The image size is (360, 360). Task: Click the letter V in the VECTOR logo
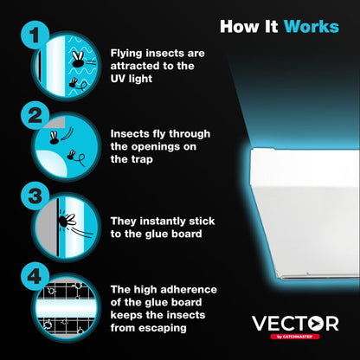click(x=260, y=324)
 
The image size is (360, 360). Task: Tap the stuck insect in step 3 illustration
click(x=66, y=222)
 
